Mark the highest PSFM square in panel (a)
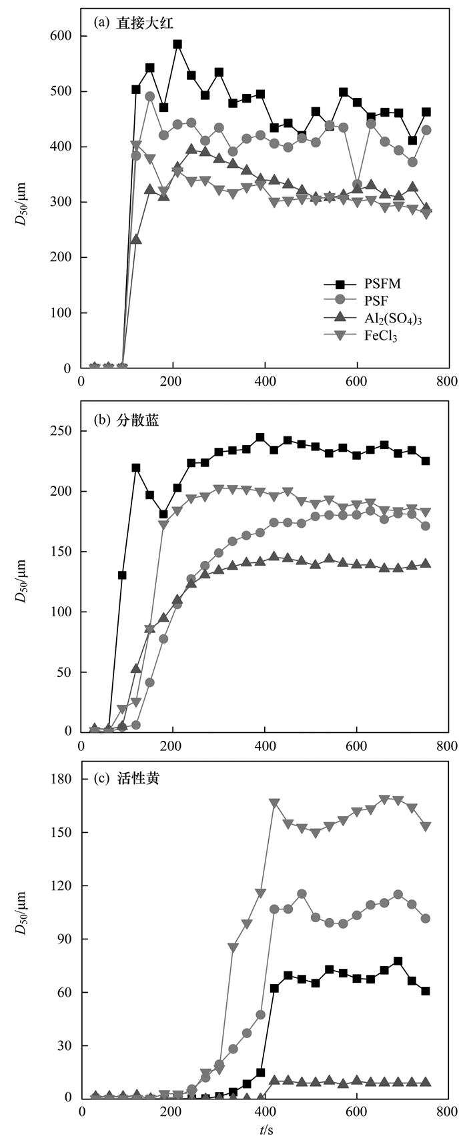[177, 45]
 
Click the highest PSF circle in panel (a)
[150, 96]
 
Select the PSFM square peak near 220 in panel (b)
[136, 468]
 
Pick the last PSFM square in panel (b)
[426, 461]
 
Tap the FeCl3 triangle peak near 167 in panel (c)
[274, 803]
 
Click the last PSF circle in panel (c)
[426, 918]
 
